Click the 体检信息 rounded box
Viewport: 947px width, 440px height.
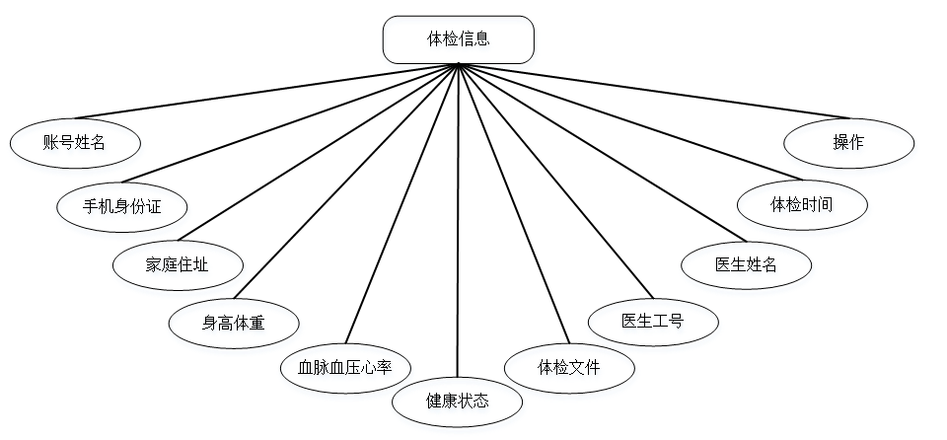458,39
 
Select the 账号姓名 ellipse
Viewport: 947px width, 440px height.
75,142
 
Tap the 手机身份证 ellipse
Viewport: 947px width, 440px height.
122,205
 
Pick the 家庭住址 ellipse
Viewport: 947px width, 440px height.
177,263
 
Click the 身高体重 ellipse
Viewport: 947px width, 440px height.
233,322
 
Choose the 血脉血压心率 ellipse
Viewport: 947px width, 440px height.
345,368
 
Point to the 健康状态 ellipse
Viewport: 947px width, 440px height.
458,402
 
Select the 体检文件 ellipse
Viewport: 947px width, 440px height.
569,368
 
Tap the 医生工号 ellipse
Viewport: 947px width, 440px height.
653,321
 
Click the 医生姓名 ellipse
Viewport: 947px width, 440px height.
747,263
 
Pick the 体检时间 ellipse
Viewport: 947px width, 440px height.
801,205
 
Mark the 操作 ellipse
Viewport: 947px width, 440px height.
848,142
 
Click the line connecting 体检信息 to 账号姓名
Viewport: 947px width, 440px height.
266,91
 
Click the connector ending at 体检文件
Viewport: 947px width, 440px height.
513,202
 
